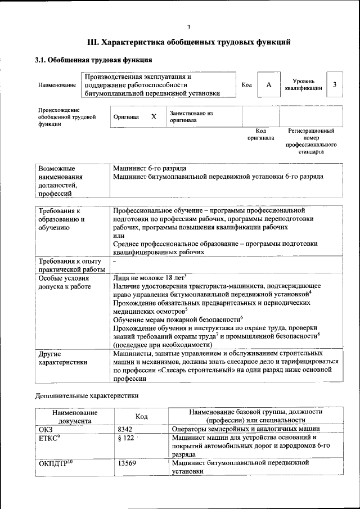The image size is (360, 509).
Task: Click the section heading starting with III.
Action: tap(188, 42)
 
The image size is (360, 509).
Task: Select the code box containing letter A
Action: tap(269, 85)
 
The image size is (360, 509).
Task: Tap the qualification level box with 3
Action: tap(334, 85)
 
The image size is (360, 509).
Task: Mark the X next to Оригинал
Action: tap(154, 117)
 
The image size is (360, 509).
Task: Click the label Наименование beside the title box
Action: tap(57, 85)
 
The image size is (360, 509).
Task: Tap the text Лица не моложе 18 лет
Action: tap(149, 277)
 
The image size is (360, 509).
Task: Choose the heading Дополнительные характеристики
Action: tap(87, 395)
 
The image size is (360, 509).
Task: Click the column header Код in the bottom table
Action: tap(142, 416)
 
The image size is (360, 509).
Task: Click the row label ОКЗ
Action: tap(46, 429)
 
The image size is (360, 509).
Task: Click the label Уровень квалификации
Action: tap(304, 85)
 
